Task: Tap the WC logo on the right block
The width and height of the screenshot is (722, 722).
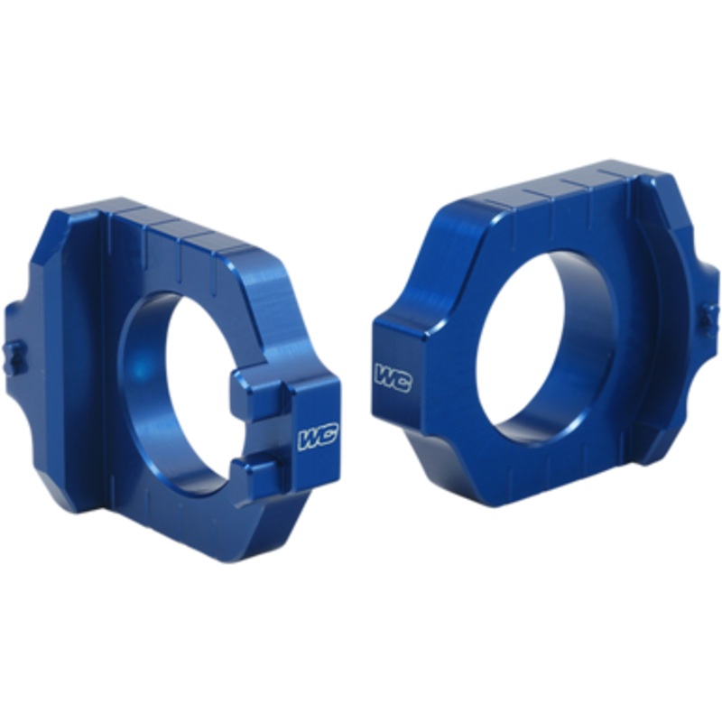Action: tap(393, 377)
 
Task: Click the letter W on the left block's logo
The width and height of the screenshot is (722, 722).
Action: tap(309, 440)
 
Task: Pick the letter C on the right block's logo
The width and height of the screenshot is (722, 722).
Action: tap(402, 380)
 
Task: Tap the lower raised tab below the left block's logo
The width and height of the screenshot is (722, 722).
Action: tap(262, 469)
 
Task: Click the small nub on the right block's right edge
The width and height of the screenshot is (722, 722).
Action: tap(710, 317)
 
